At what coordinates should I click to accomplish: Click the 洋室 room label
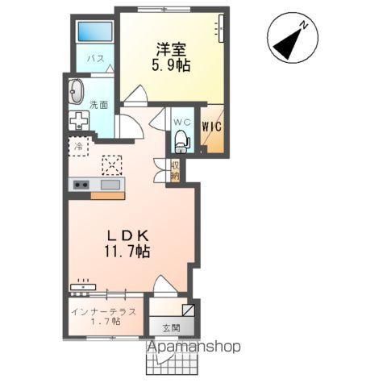[x=171, y=49]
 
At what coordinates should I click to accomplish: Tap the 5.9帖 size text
[x=172, y=66]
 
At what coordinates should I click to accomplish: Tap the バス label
[x=94, y=60]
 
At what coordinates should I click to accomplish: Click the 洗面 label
[x=99, y=104]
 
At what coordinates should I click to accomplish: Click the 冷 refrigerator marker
[x=78, y=147]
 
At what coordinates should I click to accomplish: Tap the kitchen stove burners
[x=81, y=185]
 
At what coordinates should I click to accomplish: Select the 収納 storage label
[x=175, y=170]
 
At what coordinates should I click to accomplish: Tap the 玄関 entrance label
[x=172, y=327]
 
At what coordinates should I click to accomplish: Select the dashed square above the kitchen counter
[x=111, y=164]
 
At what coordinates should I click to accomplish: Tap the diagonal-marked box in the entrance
[x=188, y=310]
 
